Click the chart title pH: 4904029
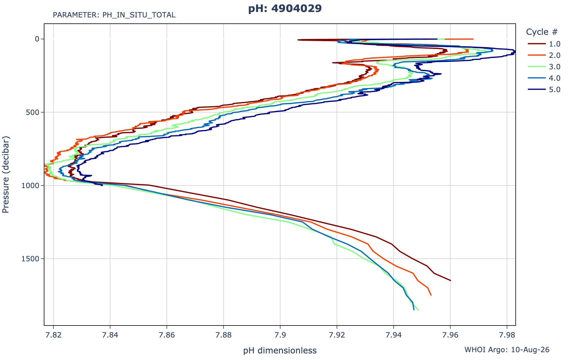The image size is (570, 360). pos(285,9)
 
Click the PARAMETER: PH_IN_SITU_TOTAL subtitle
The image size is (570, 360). pos(114,15)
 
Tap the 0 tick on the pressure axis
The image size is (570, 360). pos(37,39)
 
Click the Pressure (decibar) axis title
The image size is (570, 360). pos(6,175)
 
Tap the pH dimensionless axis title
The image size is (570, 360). pos(280,350)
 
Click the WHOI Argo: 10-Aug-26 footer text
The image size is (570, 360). pos(507,349)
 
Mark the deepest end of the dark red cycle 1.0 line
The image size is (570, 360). pos(451,280)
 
